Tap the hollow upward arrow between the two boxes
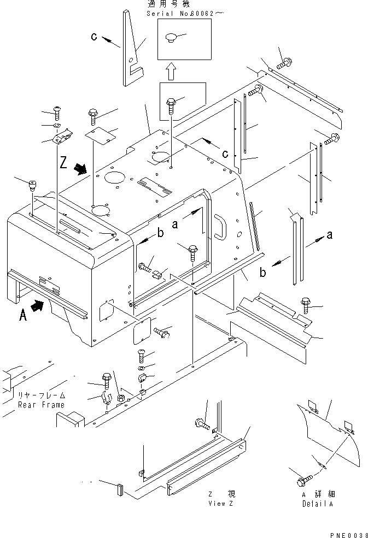(x=171, y=70)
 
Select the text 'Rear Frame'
(x=40, y=405)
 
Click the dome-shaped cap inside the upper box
(x=170, y=38)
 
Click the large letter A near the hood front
(x=22, y=315)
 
